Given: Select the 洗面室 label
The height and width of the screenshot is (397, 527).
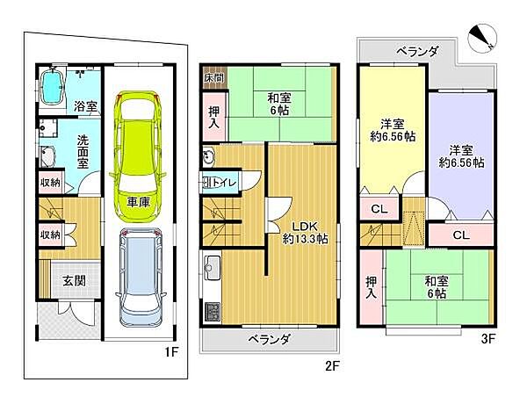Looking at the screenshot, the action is pos(83,152).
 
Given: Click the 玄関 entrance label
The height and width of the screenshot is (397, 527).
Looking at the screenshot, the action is pos(74,281).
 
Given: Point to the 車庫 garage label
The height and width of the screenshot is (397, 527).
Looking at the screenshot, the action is pos(138,202).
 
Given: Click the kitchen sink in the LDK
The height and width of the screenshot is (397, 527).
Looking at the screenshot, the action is pos(212,267).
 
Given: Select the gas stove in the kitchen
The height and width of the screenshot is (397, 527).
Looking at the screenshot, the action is pos(212,312).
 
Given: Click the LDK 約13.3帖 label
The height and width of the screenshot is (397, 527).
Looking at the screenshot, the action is pos(305,232).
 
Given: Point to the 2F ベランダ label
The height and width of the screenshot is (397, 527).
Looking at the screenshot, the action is pos(269,340).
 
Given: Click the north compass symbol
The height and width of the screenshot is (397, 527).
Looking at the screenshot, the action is pos(481,39).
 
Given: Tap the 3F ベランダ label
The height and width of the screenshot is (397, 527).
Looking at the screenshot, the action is pos(417,52).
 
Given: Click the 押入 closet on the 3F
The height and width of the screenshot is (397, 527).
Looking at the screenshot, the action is pos(372,287).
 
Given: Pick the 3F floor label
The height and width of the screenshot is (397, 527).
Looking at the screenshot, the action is pos(488,339).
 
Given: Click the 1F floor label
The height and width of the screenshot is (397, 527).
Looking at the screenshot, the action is pos(171,352).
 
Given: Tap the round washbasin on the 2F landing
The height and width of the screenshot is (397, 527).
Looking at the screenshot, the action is pos(209,157).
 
